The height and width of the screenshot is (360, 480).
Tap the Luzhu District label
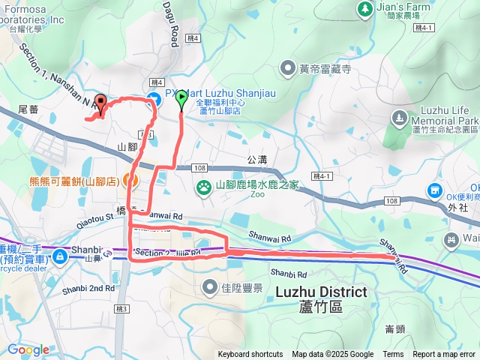pos(322,292)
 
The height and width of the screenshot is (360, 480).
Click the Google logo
pos(28,349)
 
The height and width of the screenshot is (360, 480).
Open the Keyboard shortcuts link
pos(250,355)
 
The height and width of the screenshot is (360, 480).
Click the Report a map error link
pos(444,355)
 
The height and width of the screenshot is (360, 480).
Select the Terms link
pos(393,355)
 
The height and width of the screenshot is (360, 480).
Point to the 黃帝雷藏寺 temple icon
pos(288,69)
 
